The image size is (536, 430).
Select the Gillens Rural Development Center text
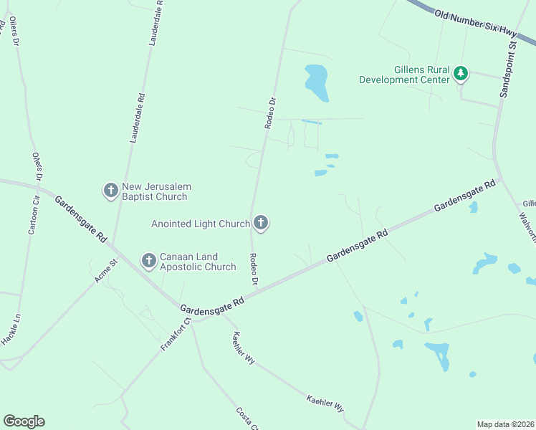[x=406, y=75]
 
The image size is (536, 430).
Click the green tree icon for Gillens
[x=461, y=72]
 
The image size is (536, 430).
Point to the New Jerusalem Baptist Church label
[x=155, y=191]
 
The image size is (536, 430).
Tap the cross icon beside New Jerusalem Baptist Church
[x=110, y=191]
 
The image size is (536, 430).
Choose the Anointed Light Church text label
[x=200, y=224]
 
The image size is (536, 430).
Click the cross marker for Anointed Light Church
[x=261, y=224]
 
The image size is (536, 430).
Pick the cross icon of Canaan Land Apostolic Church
[x=148, y=261]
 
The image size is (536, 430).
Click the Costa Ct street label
[x=246, y=418]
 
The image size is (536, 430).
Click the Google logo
[x=24, y=421]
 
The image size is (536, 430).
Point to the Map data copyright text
[x=504, y=424]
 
